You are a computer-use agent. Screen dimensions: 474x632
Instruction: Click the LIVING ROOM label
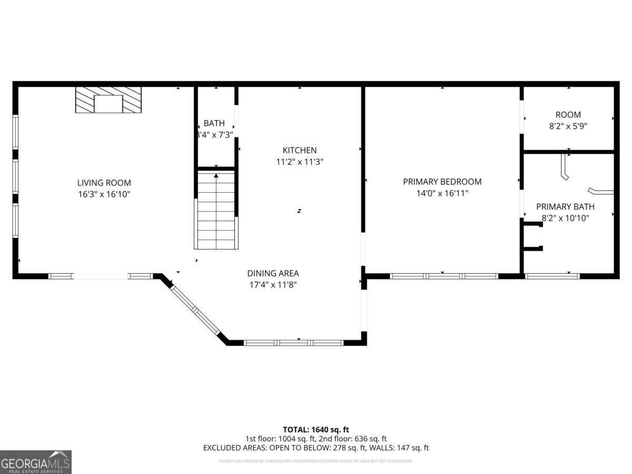(x=104, y=183)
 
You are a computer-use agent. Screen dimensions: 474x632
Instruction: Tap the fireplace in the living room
(x=108, y=100)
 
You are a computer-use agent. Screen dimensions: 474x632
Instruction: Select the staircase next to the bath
(x=216, y=210)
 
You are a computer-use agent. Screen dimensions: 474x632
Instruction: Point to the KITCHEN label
(x=299, y=151)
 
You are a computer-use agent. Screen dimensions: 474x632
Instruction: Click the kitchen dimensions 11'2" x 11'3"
(x=299, y=162)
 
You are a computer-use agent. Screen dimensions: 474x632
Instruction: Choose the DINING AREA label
(x=273, y=273)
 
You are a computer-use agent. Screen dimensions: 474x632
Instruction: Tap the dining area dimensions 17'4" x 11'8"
(x=273, y=285)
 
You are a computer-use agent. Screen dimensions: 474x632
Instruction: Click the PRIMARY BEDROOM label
(x=442, y=182)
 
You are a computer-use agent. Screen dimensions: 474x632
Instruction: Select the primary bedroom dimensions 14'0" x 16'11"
(x=442, y=193)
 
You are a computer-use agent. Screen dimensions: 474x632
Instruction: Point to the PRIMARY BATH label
(x=565, y=207)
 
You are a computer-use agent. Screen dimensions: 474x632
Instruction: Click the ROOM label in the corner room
(x=568, y=115)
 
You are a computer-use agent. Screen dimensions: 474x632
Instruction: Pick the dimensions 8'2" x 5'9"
(x=568, y=126)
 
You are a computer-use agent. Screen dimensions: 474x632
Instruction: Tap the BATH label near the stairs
(x=214, y=123)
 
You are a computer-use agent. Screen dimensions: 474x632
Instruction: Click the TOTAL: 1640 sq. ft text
(x=315, y=430)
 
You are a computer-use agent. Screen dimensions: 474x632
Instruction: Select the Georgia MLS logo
(x=35, y=462)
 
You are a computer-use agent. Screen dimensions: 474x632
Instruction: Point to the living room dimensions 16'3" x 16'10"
(x=104, y=194)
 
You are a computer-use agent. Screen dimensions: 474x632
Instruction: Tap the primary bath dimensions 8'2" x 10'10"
(x=565, y=218)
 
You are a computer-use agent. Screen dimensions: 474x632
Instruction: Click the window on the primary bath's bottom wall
(x=551, y=275)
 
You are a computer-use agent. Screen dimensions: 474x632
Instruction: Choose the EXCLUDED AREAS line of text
(x=315, y=448)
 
